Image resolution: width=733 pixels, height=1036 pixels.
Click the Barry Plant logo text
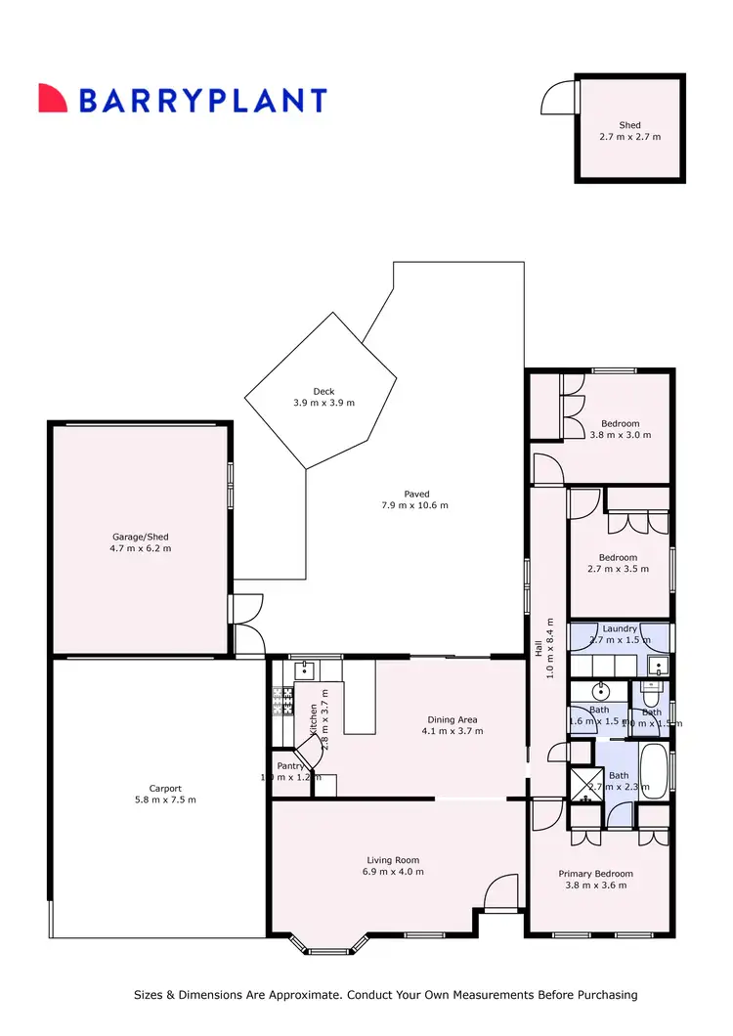pos(201,100)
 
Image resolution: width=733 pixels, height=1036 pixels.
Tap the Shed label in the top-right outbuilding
pos(629,125)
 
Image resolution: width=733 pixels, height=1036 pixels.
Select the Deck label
pos(323,392)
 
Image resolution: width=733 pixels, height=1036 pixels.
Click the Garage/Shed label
pos(140,537)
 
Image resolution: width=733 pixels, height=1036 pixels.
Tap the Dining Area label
pos(452,719)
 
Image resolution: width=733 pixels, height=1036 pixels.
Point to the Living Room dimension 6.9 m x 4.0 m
pos(395,872)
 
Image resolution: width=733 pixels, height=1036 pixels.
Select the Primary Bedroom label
pos(595,874)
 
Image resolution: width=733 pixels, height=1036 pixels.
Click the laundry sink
pos(657,667)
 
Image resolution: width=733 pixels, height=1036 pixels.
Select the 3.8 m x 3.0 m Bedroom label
pos(620,424)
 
